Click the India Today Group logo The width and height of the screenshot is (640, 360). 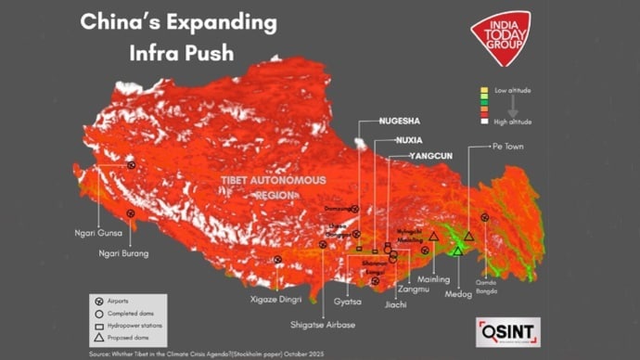(499, 37)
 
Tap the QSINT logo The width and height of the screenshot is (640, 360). (507, 331)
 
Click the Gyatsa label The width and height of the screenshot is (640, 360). (347, 302)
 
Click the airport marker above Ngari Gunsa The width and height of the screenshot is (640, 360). (132, 164)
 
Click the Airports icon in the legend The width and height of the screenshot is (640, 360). (98, 302)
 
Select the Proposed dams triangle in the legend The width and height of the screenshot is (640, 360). (98, 339)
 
